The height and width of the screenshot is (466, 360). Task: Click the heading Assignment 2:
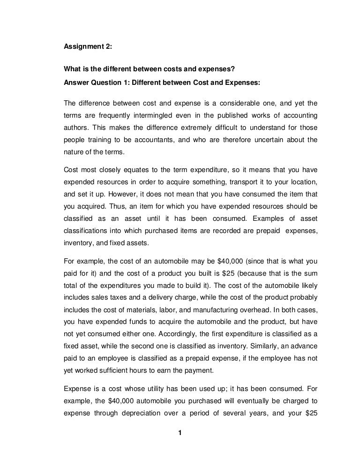(87, 46)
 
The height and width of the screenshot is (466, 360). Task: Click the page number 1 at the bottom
(180, 432)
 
